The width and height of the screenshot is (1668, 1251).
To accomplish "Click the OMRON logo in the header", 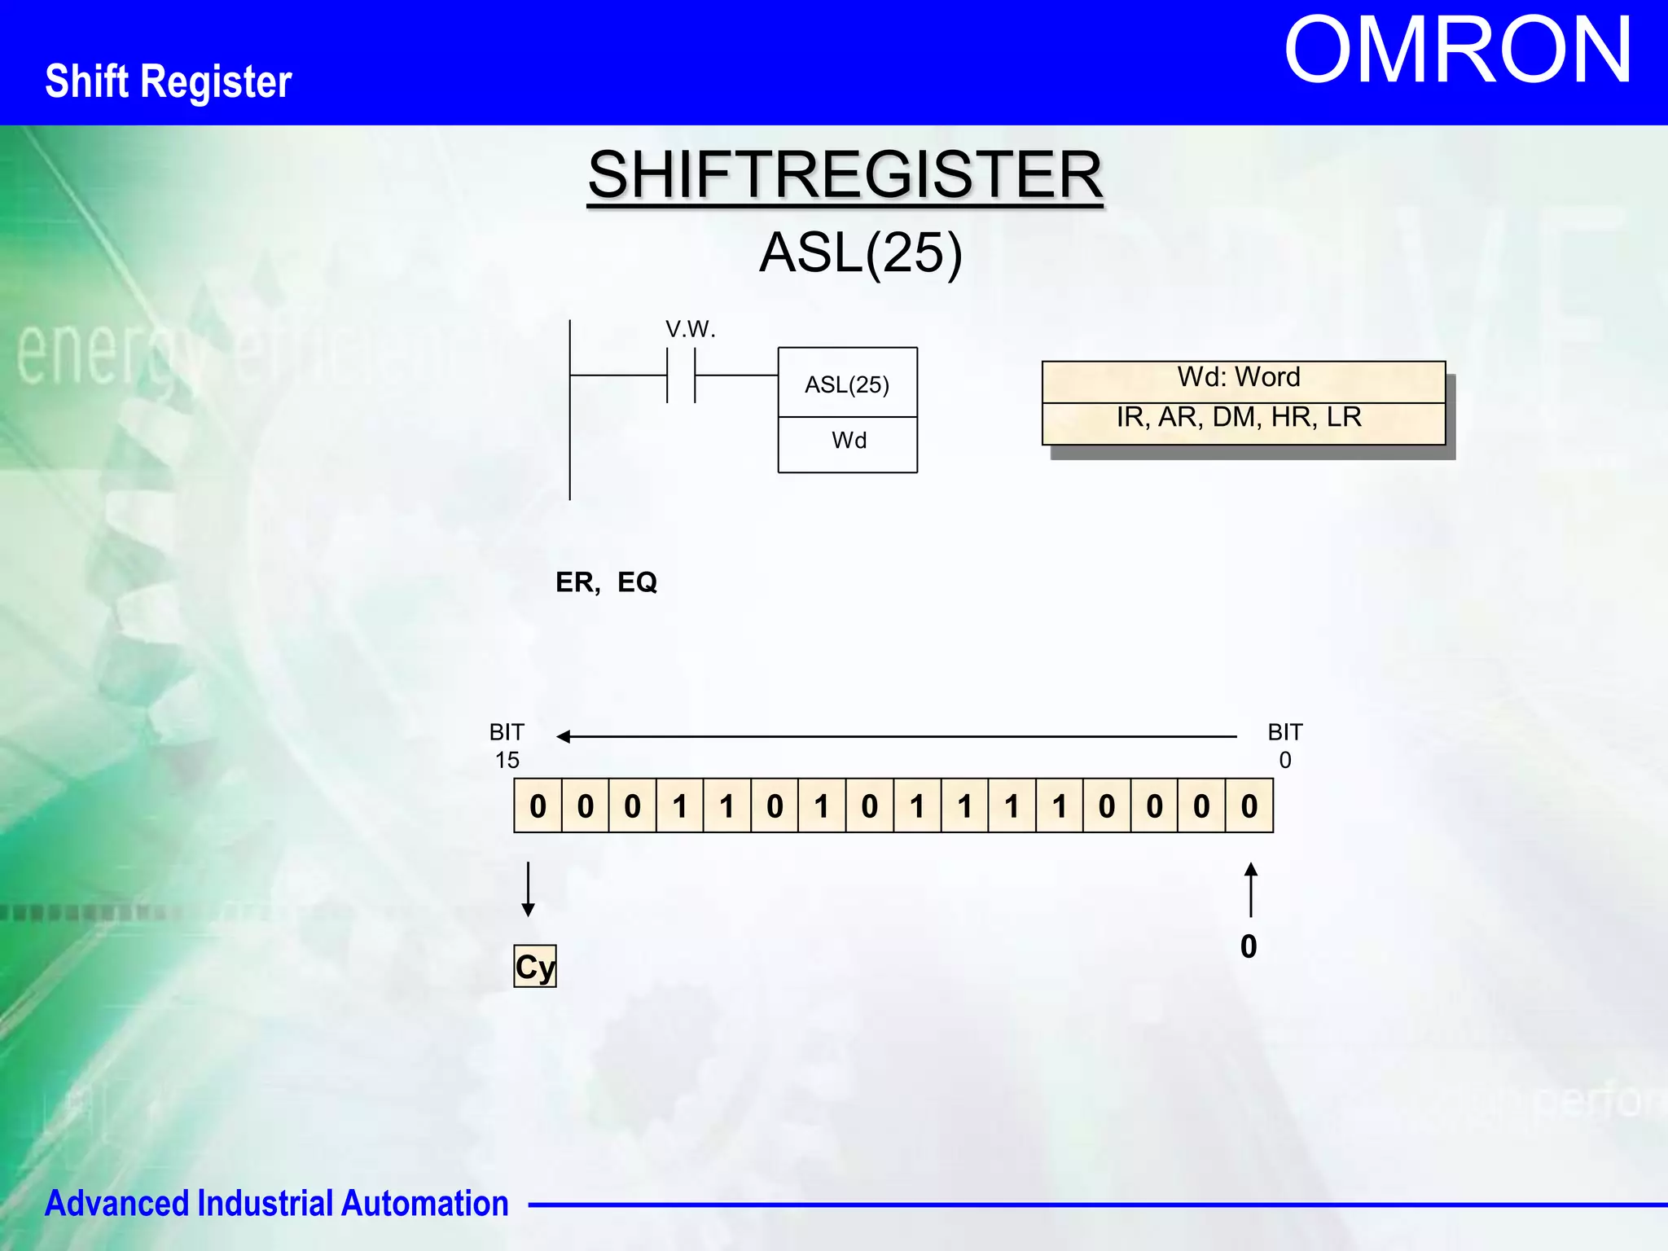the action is pyautogui.click(x=1457, y=50).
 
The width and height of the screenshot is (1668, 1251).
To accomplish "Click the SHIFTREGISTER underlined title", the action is pyautogui.click(x=845, y=174).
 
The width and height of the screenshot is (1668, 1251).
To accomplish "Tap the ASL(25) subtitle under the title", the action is pyautogui.click(x=861, y=252).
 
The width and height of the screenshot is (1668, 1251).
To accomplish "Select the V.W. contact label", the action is pyautogui.click(x=690, y=329).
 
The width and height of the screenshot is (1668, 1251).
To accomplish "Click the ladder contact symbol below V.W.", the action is pyautogui.click(x=681, y=375).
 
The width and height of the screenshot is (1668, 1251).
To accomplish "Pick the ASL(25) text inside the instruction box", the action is pyautogui.click(x=847, y=384).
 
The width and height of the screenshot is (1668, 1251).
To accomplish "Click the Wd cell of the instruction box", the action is pyautogui.click(x=849, y=441).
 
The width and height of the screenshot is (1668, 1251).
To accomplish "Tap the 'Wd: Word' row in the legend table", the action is pyautogui.click(x=1239, y=378).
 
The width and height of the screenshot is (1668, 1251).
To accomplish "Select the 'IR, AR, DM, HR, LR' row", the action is pyautogui.click(x=1239, y=418).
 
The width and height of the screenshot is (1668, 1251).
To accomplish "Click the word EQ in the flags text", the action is pyautogui.click(x=637, y=582).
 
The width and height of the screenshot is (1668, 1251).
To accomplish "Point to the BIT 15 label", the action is pyautogui.click(x=507, y=746).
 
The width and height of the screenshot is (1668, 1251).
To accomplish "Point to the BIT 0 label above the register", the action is pyautogui.click(x=1285, y=746).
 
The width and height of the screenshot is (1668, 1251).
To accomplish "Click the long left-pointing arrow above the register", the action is pyautogui.click(x=896, y=736).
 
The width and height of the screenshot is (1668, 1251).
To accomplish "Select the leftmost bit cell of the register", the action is pyautogui.click(x=538, y=806).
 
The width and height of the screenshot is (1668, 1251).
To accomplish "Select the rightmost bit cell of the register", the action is pyautogui.click(x=1249, y=806).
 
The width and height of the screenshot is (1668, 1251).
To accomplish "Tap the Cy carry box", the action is pyautogui.click(x=535, y=966).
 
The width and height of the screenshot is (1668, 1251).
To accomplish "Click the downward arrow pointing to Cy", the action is pyautogui.click(x=528, y=889).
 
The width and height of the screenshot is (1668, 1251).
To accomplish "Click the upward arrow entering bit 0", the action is pyautogui.click(x=1251, y=889).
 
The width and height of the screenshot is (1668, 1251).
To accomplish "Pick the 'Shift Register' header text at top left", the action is pyautogui.click(x=169, y=81).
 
